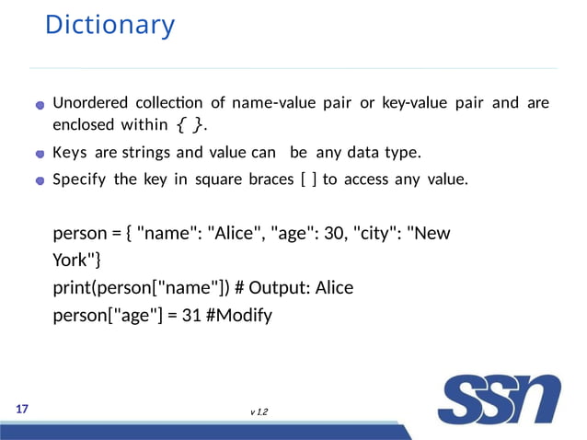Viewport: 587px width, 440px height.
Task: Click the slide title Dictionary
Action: (109, 25)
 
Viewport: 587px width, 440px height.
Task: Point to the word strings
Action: (144, 151)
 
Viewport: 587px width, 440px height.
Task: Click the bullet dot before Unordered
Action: (40, 104)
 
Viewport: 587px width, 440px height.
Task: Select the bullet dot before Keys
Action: (40, 153)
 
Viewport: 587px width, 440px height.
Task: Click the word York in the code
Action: (71, 261)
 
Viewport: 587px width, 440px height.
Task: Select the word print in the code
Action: (74, 288)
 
